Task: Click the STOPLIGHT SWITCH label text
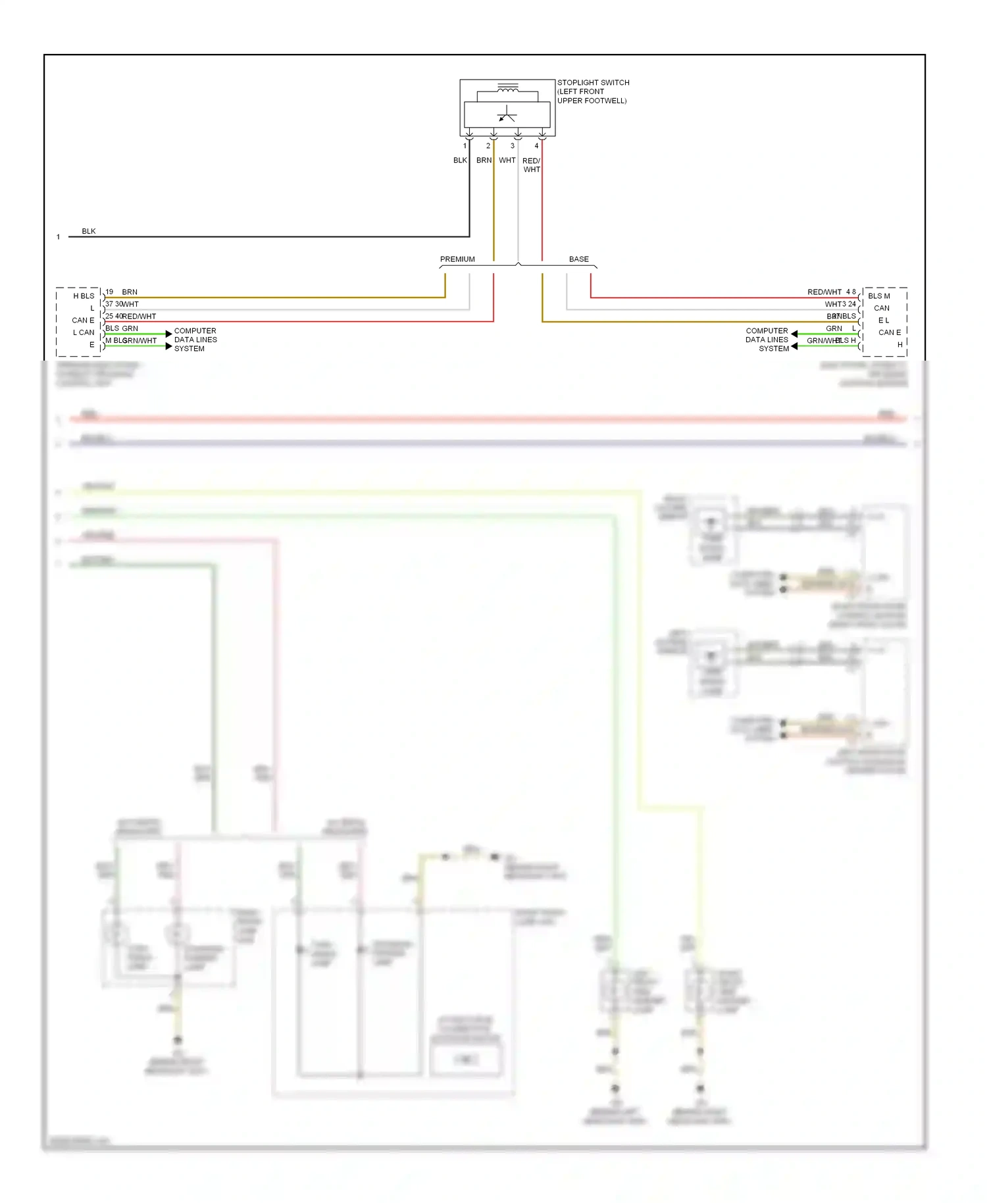(593, 83)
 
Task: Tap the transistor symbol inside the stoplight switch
(507, 115)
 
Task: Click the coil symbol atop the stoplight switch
(507, 88)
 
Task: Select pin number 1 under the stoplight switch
(465, 146)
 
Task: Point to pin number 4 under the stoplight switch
(536, 146)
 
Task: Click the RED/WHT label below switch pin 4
(531, 165)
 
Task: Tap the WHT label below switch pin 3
(507, 161)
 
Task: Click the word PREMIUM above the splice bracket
(457, 259)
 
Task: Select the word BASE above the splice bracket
(578, 259)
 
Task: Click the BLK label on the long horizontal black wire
(89, 231)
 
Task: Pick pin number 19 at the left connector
(109, 292)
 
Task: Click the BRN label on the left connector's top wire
(130, 292)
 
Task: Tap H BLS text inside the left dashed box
(84, 296)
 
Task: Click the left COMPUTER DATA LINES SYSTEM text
(195, 340)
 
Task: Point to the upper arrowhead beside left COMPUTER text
(169, 334)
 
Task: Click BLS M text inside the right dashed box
(878, 296)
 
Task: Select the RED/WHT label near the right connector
(824, 292)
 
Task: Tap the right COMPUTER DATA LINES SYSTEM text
(767, 340)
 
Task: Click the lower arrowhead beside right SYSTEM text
(794, 346)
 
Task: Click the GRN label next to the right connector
(834, 328)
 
